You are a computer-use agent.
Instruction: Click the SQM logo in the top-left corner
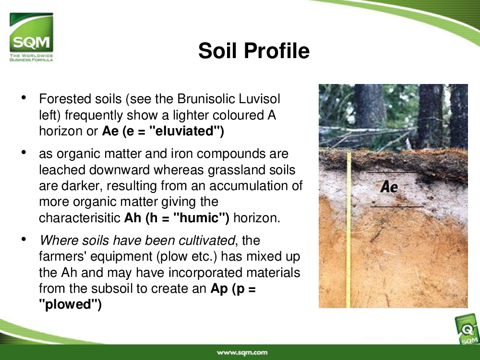pos(31,37)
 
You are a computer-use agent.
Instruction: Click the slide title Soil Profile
pos(254,50)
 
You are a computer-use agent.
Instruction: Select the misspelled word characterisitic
pos(80,218)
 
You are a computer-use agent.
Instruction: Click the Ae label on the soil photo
pos(389,186)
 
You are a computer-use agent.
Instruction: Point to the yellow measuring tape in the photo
pos(348,230)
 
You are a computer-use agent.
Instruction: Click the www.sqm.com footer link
pos(242,353)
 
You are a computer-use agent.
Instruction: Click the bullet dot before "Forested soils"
pos(24,97)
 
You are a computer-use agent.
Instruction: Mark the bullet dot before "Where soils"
pos(24,239)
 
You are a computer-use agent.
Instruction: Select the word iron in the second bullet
pos(182,154)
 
